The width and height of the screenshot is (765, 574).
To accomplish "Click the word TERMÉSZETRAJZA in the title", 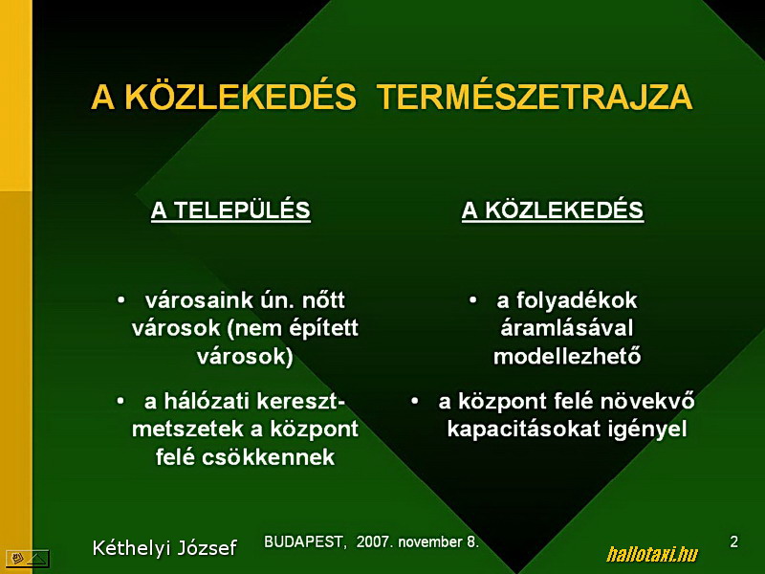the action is tap(535, 97).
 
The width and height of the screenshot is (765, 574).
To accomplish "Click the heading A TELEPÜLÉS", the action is tap(230, 210).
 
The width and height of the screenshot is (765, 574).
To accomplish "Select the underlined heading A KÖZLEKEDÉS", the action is tap(553, 210).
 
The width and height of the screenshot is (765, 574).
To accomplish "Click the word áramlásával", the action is tap(567, 328).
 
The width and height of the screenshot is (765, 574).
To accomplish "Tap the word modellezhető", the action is tap(567, 356).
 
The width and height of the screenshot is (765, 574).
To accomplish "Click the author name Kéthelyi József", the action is tap(164, 547).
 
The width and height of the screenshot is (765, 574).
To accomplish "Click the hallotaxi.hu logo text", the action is tap(652, 554).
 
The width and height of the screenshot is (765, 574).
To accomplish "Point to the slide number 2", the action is tap(733, 541).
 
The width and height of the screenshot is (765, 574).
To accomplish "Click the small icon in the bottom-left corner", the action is tap(28, 559).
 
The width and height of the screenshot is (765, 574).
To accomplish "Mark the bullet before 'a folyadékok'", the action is tap(472, 299).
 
